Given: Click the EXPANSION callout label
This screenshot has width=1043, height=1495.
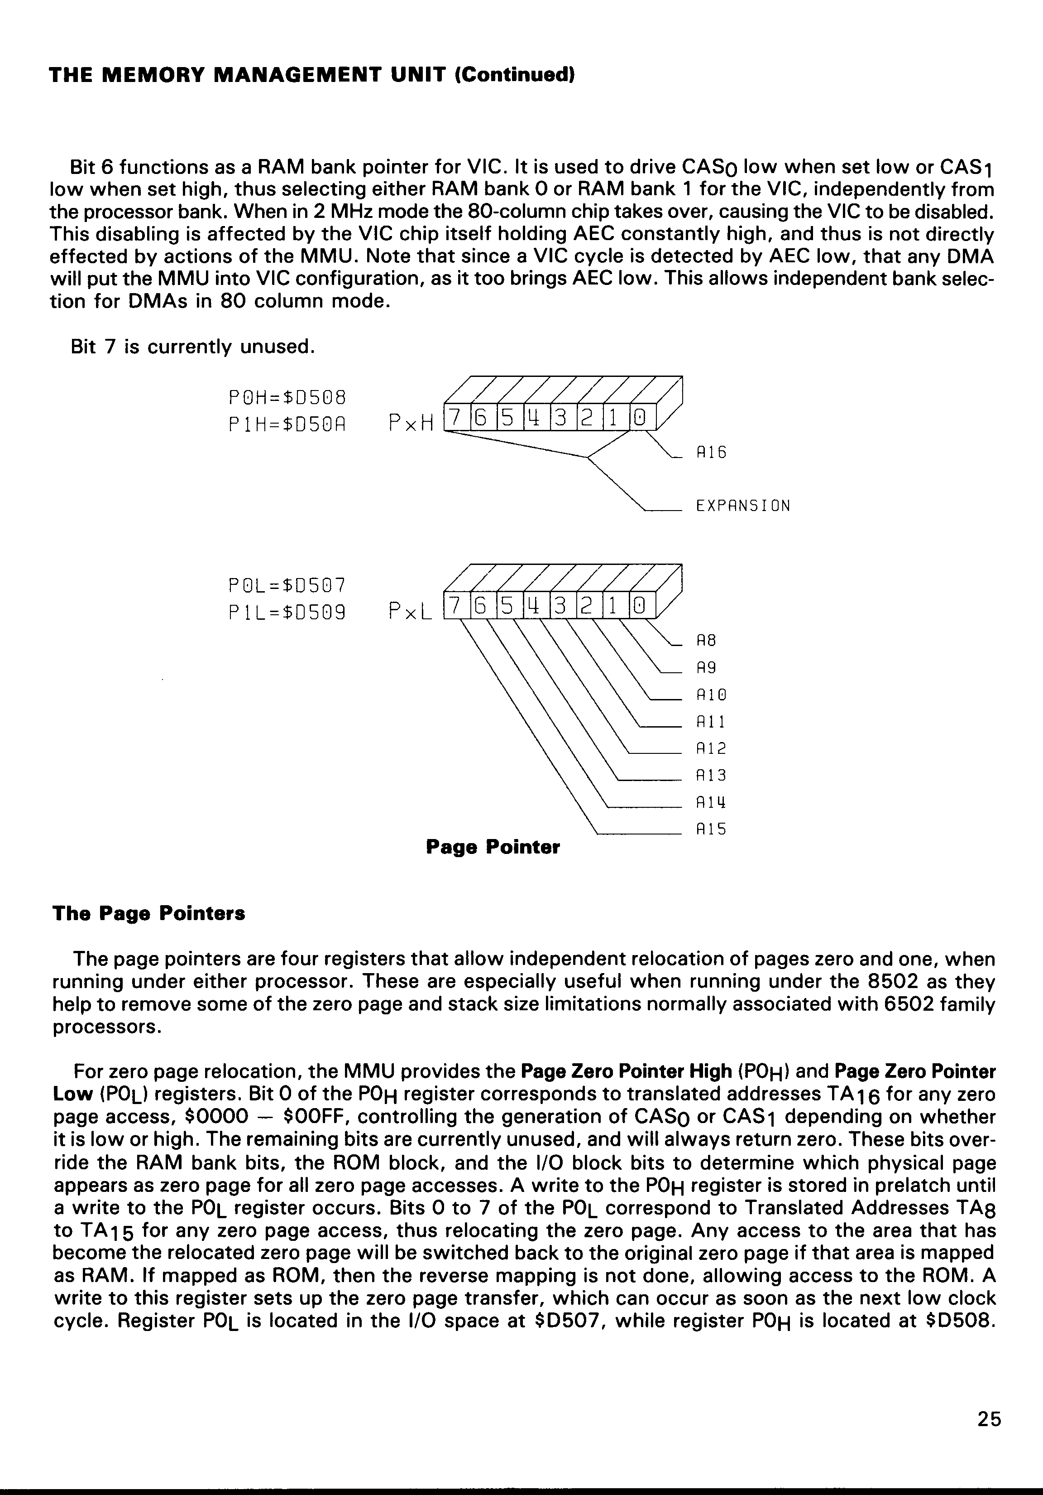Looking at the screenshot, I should click(x=743, y=506).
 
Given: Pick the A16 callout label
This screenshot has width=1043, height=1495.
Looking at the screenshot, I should click(x=711, y=452).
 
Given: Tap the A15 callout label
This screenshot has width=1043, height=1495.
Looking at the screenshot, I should click(x=711, y=829).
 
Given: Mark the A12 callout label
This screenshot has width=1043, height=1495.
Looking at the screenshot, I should click(x=711, y=748).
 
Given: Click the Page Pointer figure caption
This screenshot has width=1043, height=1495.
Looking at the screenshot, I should click(x=493, y=847).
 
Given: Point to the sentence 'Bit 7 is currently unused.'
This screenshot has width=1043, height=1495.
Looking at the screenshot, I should click(x=192, y=347).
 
